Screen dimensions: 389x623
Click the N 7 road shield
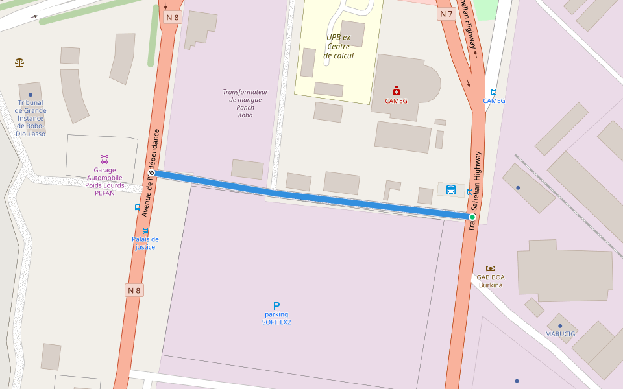446,14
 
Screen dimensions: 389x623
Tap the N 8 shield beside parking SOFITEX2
134,290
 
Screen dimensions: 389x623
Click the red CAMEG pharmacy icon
397,91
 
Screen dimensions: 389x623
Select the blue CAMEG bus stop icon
494,92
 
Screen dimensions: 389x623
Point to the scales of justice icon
19,62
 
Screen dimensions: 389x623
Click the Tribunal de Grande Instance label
31,118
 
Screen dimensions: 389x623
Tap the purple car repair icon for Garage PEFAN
104,159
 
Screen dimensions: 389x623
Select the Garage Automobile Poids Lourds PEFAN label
104,182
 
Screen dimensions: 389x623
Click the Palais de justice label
145,242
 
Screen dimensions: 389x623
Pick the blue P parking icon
276,306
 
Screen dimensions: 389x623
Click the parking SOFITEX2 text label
276,318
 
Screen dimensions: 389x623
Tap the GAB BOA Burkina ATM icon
491,268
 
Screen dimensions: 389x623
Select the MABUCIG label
559,334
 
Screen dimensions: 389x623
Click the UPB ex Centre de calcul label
338,47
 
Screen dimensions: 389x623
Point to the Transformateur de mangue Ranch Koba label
245,103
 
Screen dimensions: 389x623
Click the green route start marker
472,217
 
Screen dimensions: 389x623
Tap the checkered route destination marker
151,173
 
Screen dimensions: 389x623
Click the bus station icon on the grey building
451,190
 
